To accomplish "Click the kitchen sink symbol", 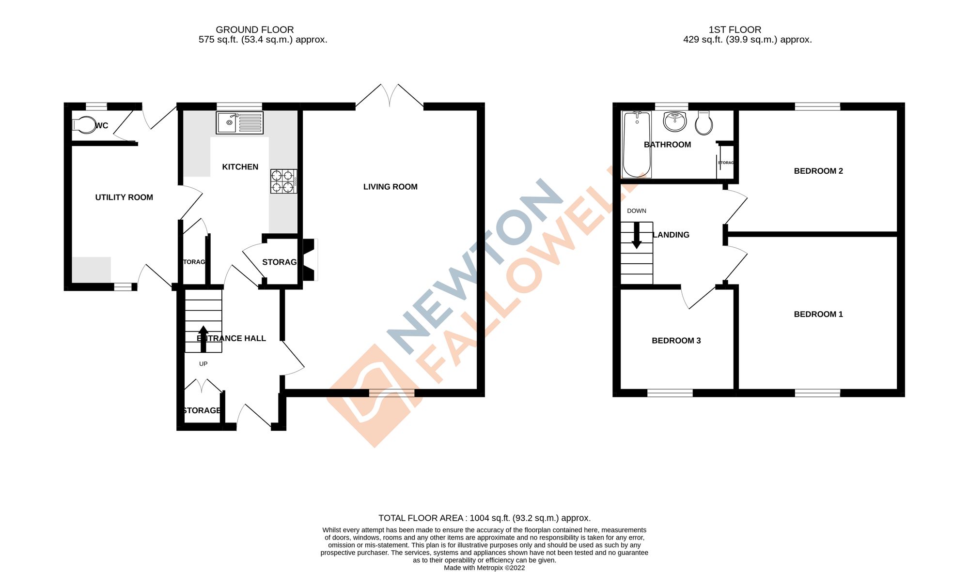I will (x=240, y=122).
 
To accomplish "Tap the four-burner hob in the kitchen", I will (x=283, y=181).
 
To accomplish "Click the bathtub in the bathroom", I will (x=636, y=144).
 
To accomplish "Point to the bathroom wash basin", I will (x=675, y=121).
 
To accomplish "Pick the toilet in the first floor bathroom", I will (x=703, y=123).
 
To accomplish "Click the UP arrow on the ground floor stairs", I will (x=203, y=338).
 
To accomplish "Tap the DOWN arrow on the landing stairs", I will (x=637, y=235).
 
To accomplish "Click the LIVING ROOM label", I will (x=390, y=187).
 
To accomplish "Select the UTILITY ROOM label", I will (x=124, y=197).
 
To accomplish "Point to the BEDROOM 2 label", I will (x=818, y=171).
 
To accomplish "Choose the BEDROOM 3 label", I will (x=676, y=341).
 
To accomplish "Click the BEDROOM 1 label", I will (x=818, y=314).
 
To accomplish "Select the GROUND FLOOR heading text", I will (x=254, y=30).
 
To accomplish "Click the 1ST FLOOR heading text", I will (x=735, y=30).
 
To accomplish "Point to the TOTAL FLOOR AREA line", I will (x=484, y=518).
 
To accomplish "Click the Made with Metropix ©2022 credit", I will (x=484, y=568).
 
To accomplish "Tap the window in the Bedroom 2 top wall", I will (x=817, y=106).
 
